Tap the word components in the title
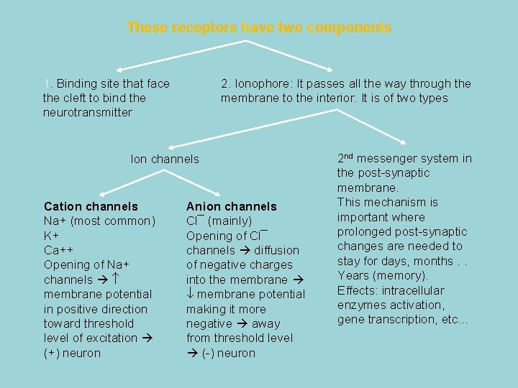coord(349,28)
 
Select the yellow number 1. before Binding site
coord(47,83)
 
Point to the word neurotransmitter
coord(88,113)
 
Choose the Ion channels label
coord(165,159)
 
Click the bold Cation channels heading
coord(91,206)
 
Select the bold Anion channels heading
coord(231,206)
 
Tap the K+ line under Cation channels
coord(51,236)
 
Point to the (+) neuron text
coord(72,353)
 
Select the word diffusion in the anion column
coord(276,250)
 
